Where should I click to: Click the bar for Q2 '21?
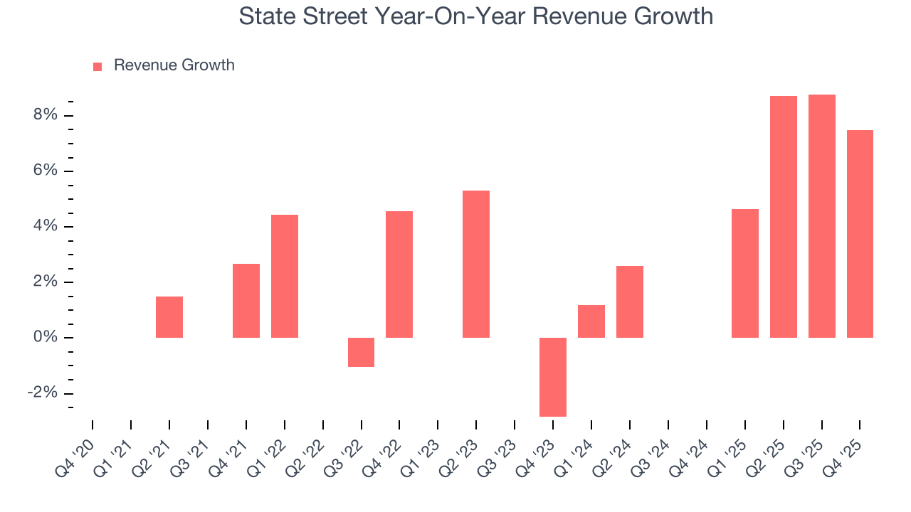169,317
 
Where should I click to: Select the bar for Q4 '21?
246,301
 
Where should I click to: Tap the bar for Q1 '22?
285,276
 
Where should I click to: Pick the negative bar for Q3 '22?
361,352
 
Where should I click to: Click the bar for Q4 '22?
399,274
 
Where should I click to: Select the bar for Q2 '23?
476,264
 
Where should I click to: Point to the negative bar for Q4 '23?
553,377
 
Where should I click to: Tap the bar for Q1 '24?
591,321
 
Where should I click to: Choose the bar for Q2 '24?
630,302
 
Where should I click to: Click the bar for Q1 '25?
745,273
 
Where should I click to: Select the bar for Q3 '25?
822,216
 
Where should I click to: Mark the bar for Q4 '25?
860,234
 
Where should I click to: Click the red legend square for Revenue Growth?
98,66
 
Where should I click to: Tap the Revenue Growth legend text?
174,65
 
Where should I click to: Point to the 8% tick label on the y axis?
44,115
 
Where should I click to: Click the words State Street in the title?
299,16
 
